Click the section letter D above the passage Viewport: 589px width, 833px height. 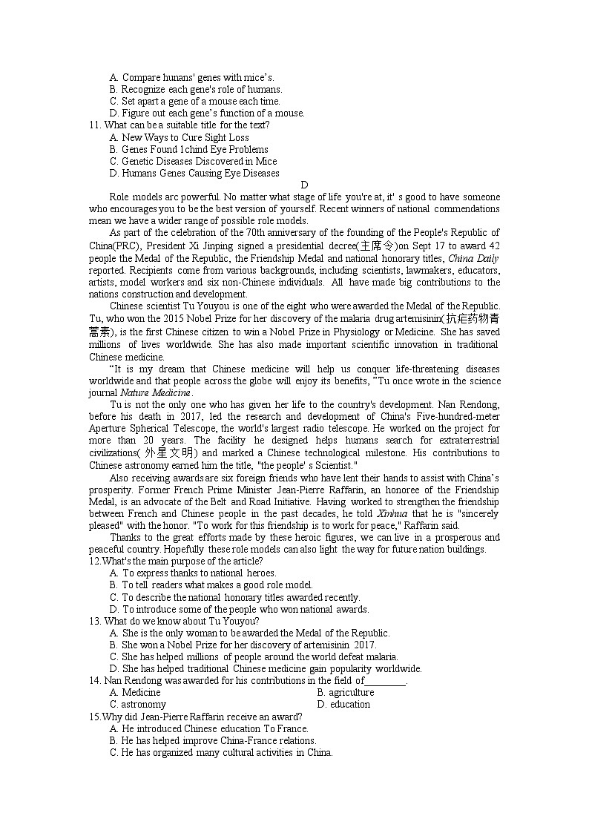[x=304, y=185]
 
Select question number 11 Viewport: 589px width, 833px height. [x=93, y=125]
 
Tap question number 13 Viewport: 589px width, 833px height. [x=94, y=621]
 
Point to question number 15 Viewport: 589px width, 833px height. [x=93, y=717]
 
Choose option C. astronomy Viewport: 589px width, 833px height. [x=138, y=704]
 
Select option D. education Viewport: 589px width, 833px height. [x=343, y=704]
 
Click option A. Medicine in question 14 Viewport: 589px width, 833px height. [x=135, y=692]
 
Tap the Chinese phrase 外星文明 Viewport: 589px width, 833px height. [x=170, y=453]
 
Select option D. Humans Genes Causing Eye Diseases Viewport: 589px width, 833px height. [x=194, y=173]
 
